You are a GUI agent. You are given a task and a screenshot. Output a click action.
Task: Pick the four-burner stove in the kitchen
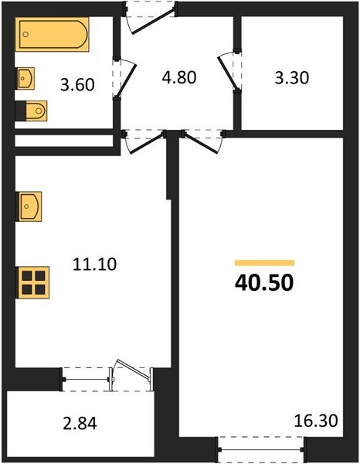pyautogui.click(x=33, y=281)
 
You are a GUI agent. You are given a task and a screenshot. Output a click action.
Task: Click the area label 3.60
pyautogui.click(x=78, y=84)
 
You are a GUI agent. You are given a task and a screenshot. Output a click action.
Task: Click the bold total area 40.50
pyautogui.click(x=264, y=283)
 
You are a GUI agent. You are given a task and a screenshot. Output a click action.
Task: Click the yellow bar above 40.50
pyautogui.click(x=264, y=263)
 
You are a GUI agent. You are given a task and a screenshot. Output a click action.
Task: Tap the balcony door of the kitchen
pyautogui.click(x=127, y=376)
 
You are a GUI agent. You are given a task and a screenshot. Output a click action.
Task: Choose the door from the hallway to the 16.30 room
pyautogui.click(x=201, y=141)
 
